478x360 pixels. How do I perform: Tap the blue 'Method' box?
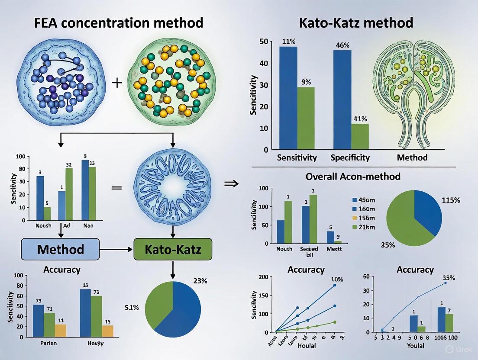point(61,249)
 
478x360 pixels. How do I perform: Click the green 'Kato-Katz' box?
point(173,249)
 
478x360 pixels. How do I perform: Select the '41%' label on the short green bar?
point(360,119)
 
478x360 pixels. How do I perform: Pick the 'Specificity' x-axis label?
point(350,158)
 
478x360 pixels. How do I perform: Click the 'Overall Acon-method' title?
point(353,177)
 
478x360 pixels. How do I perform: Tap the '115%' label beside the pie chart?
point(451,201)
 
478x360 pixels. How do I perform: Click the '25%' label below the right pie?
point(388,245)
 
